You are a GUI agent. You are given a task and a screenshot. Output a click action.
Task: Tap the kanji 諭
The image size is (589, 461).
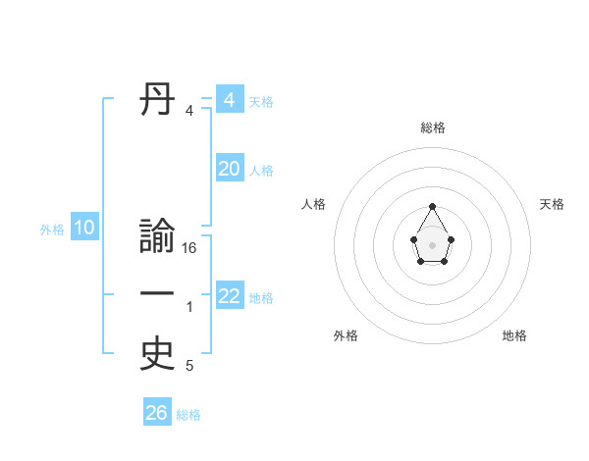[x=158, y=238]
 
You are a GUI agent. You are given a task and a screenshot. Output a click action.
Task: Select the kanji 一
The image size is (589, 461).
[x=158, y=293]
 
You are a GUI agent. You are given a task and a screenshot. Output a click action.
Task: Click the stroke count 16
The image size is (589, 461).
[x=189, y=248]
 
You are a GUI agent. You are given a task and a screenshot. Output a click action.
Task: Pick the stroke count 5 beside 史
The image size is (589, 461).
[x=189, y=366]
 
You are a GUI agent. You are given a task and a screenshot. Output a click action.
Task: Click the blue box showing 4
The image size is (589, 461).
[x=230, y=100]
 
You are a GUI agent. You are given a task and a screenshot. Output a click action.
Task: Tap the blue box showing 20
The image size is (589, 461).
[x=230, y=169]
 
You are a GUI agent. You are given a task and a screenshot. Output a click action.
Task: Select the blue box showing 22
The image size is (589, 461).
[x=230, y=296]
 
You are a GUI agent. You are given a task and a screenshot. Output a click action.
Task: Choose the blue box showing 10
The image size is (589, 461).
[x=84, y=229]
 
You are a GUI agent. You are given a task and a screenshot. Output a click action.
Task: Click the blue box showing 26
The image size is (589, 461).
[x=157, y=413]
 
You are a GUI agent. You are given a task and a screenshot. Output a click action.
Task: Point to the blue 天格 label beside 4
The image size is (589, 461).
[x=261, y=102]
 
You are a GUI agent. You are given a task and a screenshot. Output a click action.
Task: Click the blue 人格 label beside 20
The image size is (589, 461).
[x=261, y=171]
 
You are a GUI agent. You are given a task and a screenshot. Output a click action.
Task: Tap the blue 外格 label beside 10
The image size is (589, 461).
[x=52, y=230]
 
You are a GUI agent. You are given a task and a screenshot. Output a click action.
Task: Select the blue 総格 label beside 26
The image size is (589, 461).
[x=188, y=415]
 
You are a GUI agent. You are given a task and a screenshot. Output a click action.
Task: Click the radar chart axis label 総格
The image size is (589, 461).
[x=433, y=128]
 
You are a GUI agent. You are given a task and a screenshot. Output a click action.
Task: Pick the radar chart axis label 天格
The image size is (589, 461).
[x=553, y=204]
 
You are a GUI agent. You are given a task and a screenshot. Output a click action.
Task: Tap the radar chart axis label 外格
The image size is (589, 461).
[x=346, y=335]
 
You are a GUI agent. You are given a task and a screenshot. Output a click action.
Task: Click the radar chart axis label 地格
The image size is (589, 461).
[x=514, y=335]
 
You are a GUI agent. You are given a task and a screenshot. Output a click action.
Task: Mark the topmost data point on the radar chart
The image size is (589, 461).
[x=433, y=206]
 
